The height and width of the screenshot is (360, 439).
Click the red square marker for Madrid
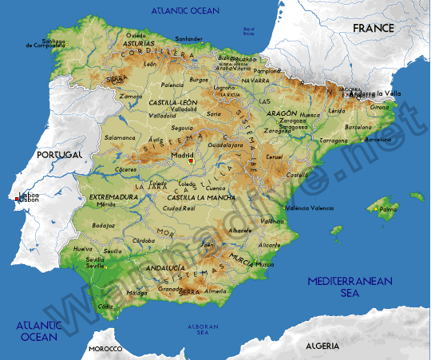tap(191, 161)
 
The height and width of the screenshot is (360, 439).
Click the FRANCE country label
tap(374, 28)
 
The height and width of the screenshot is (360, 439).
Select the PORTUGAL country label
tap(59, 153)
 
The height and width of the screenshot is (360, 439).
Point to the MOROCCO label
tap(105, 349)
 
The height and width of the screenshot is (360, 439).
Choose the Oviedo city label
tap(136, 34)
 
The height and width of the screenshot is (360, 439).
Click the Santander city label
tap(189, 38)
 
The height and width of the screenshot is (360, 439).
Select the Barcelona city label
tap(358, 126)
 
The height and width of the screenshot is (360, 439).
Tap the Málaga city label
tap(137, 293)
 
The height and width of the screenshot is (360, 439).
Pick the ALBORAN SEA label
tap(203, 329)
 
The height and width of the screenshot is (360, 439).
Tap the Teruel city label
tap(275, 157)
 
